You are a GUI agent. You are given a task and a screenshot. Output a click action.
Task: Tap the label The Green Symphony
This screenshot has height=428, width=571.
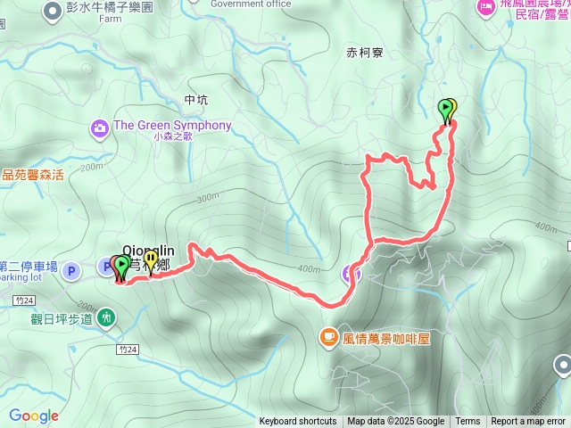172,126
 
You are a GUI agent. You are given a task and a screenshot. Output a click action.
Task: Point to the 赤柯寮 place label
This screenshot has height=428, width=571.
365,53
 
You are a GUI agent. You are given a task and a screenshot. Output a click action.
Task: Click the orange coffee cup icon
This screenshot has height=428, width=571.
328,337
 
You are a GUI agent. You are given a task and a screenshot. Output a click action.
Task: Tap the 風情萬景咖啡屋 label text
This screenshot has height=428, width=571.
387,338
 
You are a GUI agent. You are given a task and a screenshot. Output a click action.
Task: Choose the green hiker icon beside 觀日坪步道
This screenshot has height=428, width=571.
107,316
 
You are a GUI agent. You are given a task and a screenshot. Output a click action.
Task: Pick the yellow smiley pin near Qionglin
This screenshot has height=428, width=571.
151,261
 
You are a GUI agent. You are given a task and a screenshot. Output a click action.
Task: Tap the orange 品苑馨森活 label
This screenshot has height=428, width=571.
33,175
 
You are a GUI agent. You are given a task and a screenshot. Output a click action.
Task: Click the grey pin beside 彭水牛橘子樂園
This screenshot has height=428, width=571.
48,9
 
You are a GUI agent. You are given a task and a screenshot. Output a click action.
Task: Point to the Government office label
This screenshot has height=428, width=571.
251,4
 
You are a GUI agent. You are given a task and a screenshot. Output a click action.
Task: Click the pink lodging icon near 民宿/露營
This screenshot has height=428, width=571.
486,8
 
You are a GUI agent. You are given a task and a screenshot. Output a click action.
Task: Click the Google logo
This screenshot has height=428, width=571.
34,416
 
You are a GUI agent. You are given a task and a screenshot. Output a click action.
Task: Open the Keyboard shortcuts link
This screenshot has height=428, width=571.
298,422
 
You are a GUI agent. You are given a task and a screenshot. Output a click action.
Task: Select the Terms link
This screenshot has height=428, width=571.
468,422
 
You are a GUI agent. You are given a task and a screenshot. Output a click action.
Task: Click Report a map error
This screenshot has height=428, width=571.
528,422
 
